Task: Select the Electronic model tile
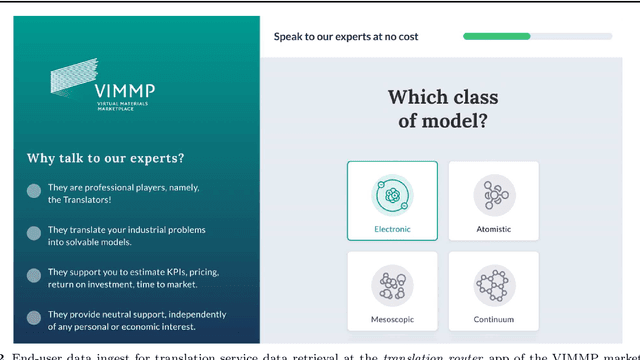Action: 392,201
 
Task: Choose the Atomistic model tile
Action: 493,201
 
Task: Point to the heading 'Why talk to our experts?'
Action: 105,158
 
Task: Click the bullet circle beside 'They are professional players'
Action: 34,191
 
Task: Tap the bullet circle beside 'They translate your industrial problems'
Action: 34,232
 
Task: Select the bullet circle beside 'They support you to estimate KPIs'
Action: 34,274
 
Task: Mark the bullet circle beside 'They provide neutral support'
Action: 34,316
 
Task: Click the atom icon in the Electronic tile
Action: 392,193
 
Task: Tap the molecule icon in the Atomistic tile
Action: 493,193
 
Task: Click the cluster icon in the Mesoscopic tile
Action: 392,284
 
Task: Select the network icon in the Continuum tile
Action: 493,284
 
